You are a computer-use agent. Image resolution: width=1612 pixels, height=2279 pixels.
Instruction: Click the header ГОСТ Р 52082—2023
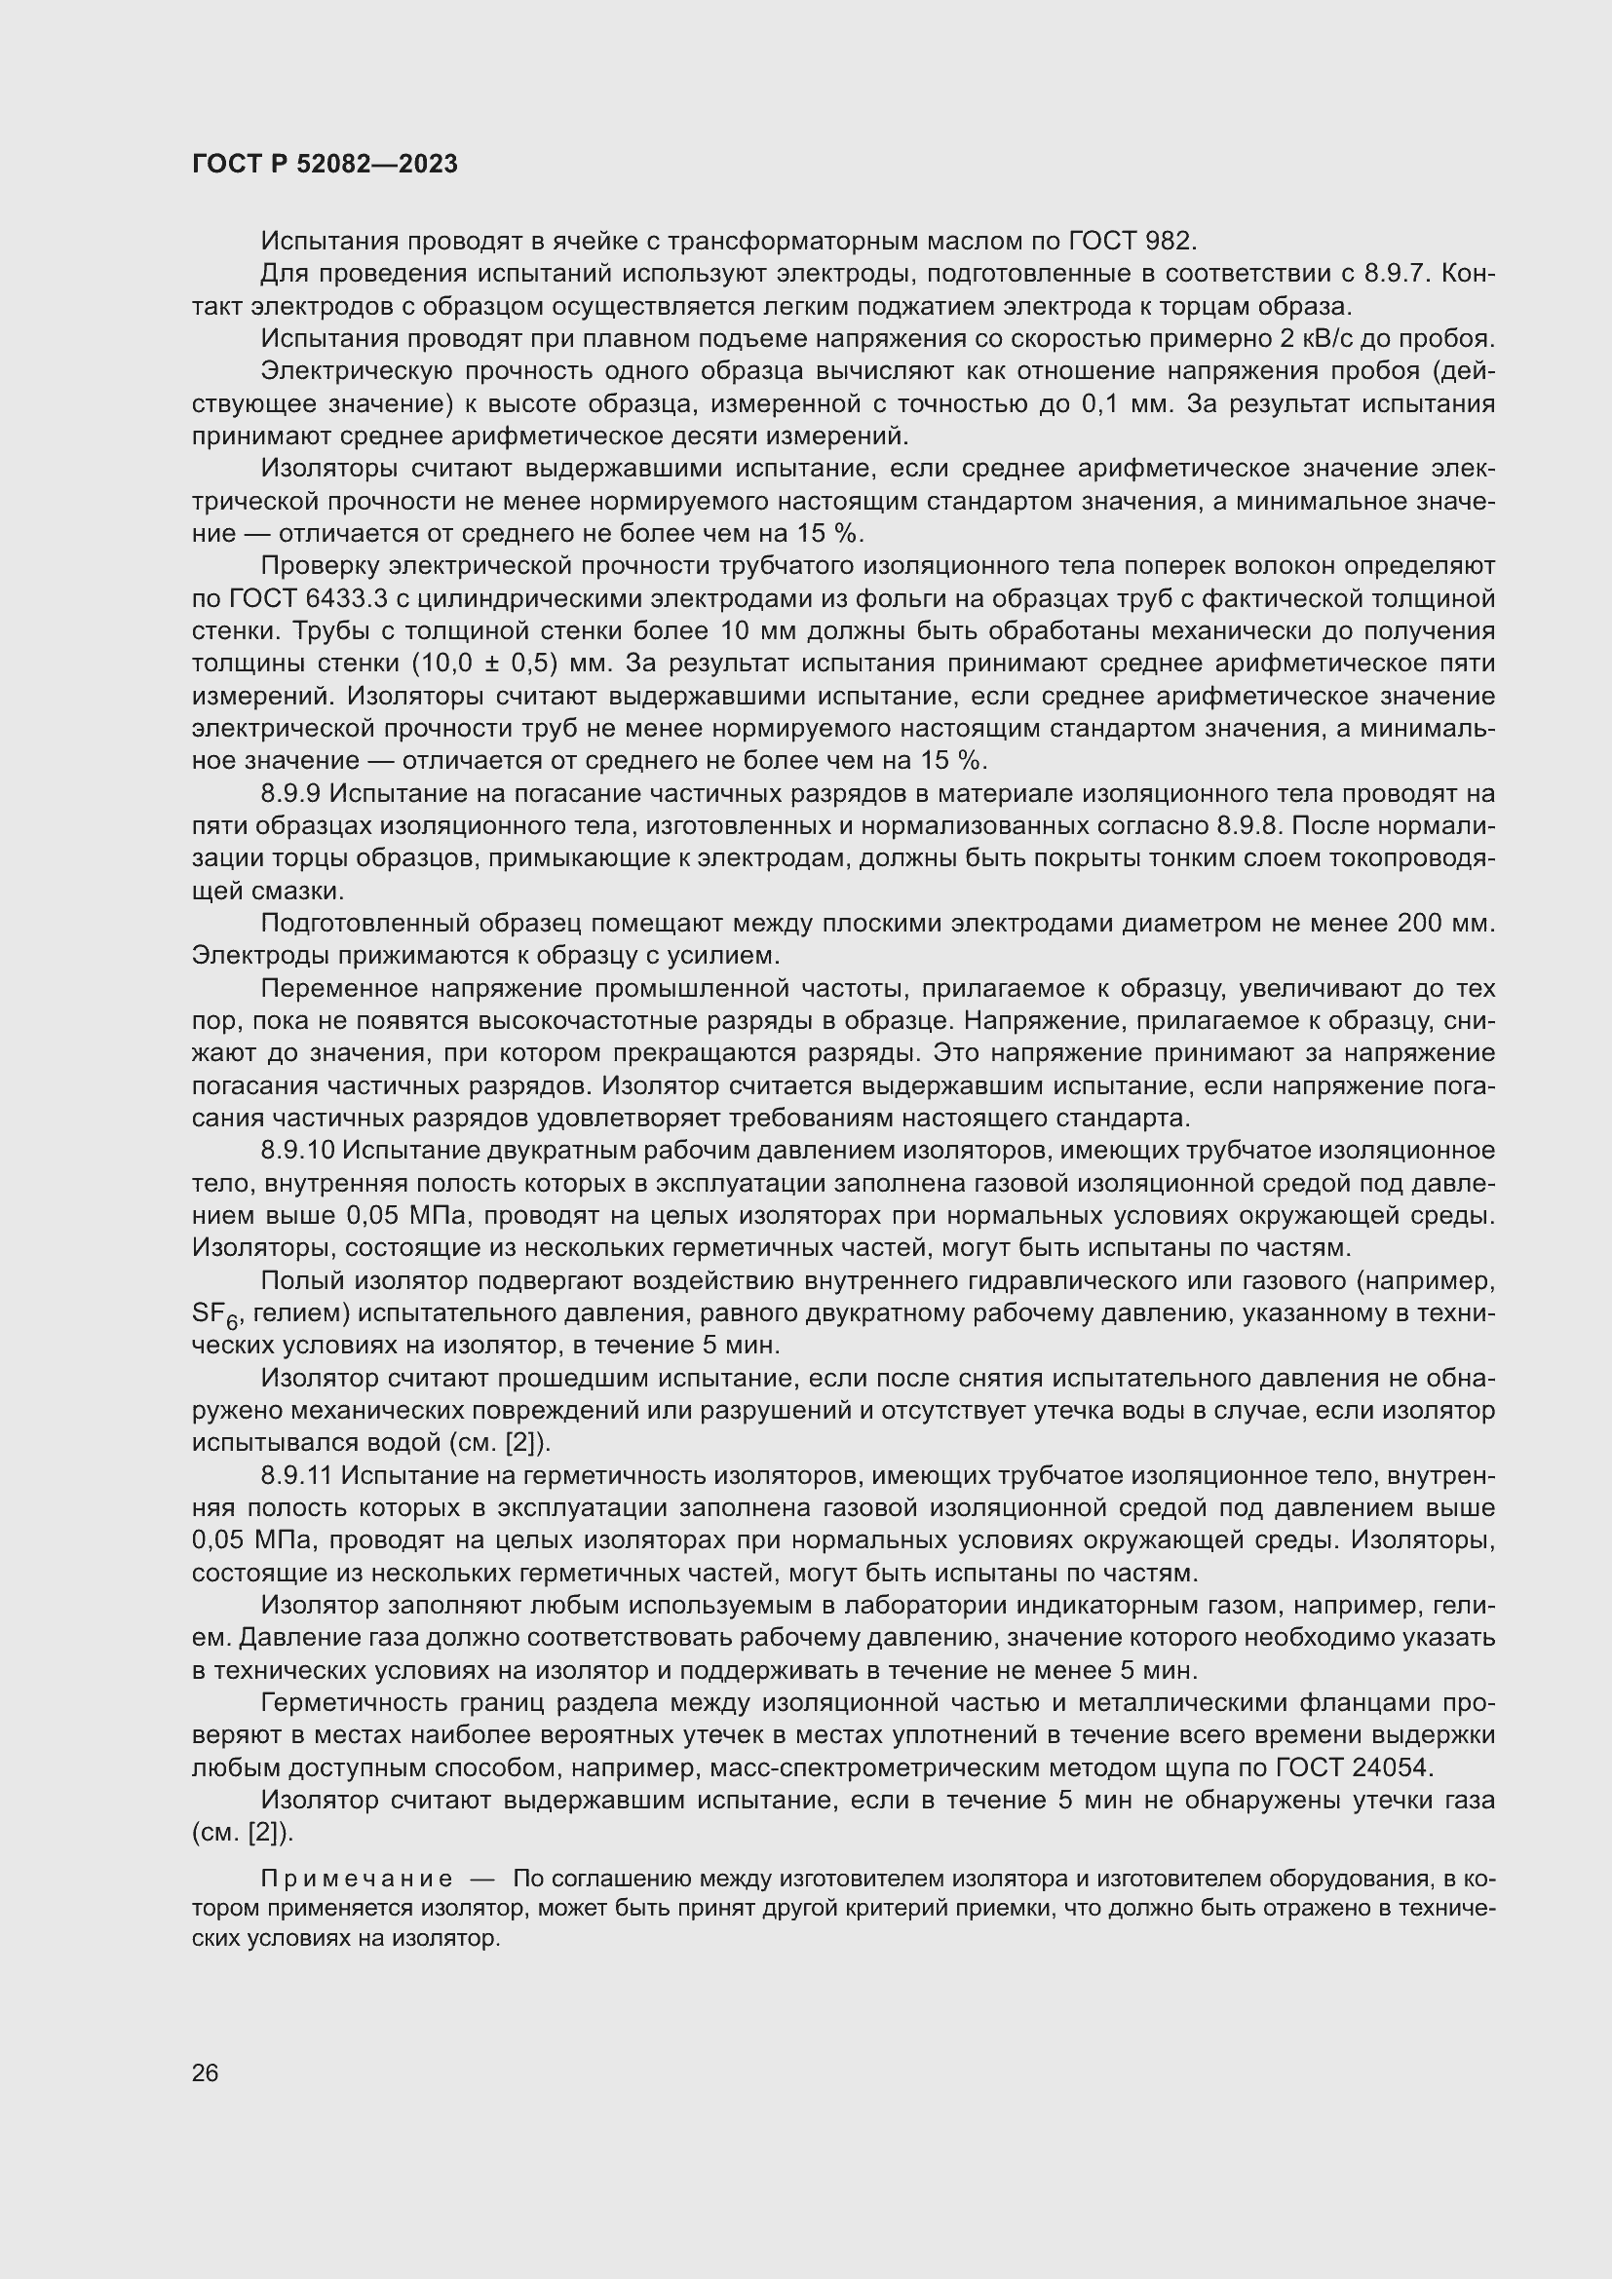[x=325, y=165]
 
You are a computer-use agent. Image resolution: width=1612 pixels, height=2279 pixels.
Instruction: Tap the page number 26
[x=205, y=2072]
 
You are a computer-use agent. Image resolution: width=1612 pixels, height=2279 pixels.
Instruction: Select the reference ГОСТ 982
[x=1132, y=242]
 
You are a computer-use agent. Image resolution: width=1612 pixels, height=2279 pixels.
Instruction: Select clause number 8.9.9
[x=290, y=794]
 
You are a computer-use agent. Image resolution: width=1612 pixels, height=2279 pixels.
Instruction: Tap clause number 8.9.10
[x=297, y=1151]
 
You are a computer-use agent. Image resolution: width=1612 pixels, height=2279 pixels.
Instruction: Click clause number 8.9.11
[x=296, y=1476]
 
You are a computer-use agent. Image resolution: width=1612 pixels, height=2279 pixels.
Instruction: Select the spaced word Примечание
[x=357, y=1879]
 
